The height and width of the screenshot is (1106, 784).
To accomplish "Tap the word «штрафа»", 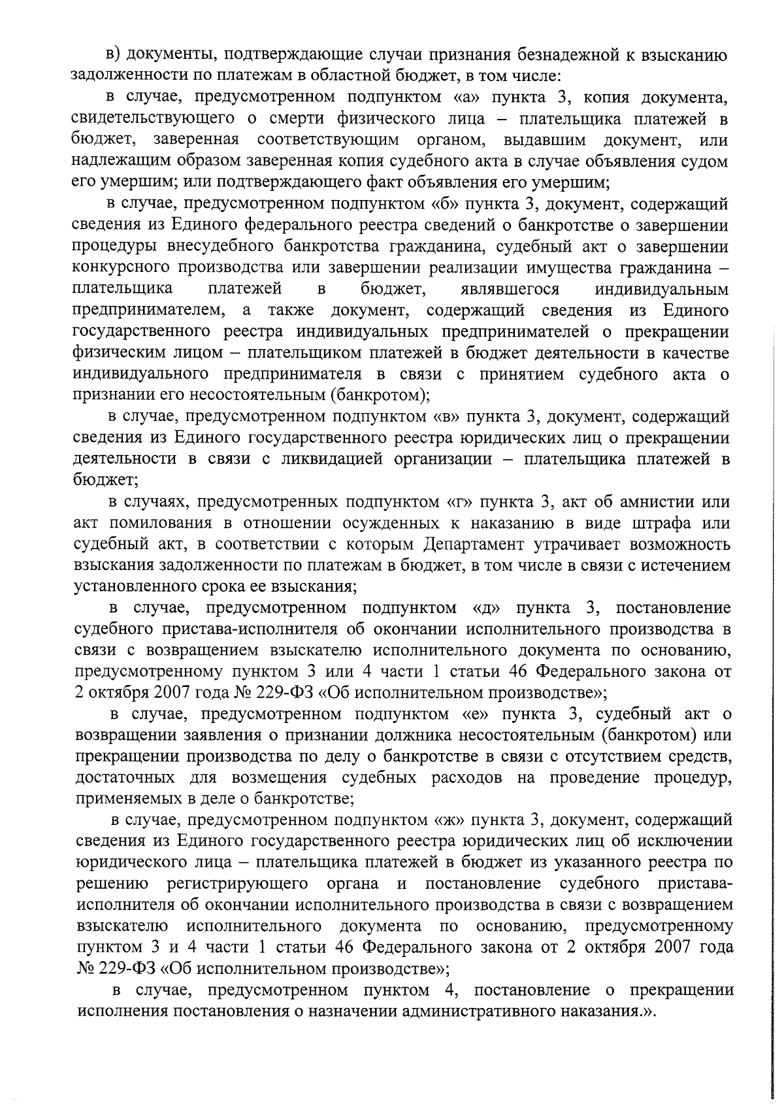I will click(650, 523).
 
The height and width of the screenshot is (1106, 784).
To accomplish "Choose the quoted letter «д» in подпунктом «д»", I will click(487, 608).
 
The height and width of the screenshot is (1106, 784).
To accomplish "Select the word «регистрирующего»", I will click(237, 884).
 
